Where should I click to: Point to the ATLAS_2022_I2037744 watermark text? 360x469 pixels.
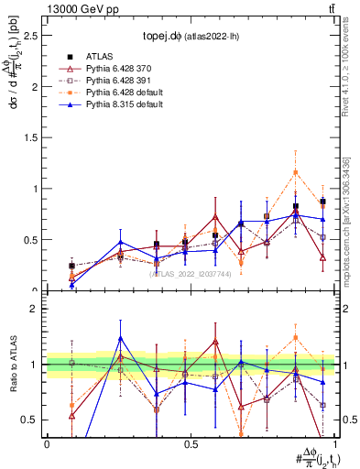point(190,274)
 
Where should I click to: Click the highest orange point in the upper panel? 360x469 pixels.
point(295,172)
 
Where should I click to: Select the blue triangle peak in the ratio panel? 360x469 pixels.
point(120,338)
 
